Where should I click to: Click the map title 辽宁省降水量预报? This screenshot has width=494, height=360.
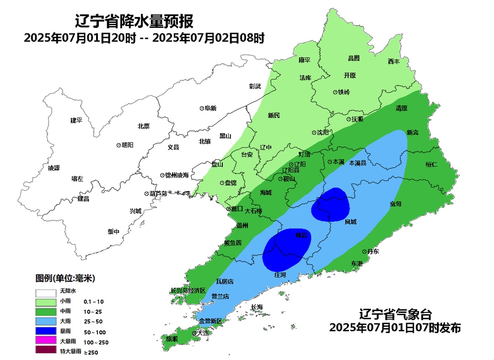click(134, 21)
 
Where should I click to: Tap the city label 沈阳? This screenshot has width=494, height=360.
click(322, 133)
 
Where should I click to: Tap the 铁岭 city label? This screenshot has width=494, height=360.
click(344, 92)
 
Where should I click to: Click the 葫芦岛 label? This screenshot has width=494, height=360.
click(156, 193)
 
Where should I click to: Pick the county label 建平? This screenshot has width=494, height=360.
click(76, 120)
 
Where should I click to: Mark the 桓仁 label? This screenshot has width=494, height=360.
click(431, 164)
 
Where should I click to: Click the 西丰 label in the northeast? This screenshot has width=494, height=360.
click(394, 61)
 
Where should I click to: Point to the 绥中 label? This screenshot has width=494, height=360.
click(113, 232)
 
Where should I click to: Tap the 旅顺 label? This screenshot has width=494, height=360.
click(172, 339)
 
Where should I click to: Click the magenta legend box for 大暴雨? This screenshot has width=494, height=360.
click(46, 341)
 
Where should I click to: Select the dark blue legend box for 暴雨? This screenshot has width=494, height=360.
click(46, 331)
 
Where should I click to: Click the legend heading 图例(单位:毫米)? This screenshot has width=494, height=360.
click(65, 278)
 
